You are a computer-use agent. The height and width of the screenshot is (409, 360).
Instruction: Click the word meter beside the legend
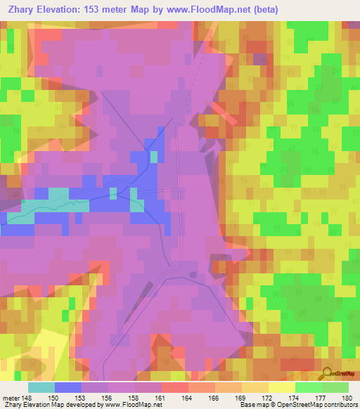[x=10, y=398]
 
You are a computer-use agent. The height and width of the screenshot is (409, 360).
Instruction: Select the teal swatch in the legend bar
[x=41, y=387]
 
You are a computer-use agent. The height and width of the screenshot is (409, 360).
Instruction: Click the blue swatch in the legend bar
[x=68, y=387]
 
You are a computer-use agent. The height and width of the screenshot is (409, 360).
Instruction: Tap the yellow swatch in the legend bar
[x=281, y=387]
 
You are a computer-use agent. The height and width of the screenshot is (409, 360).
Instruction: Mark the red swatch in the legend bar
[x=175, y=387]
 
